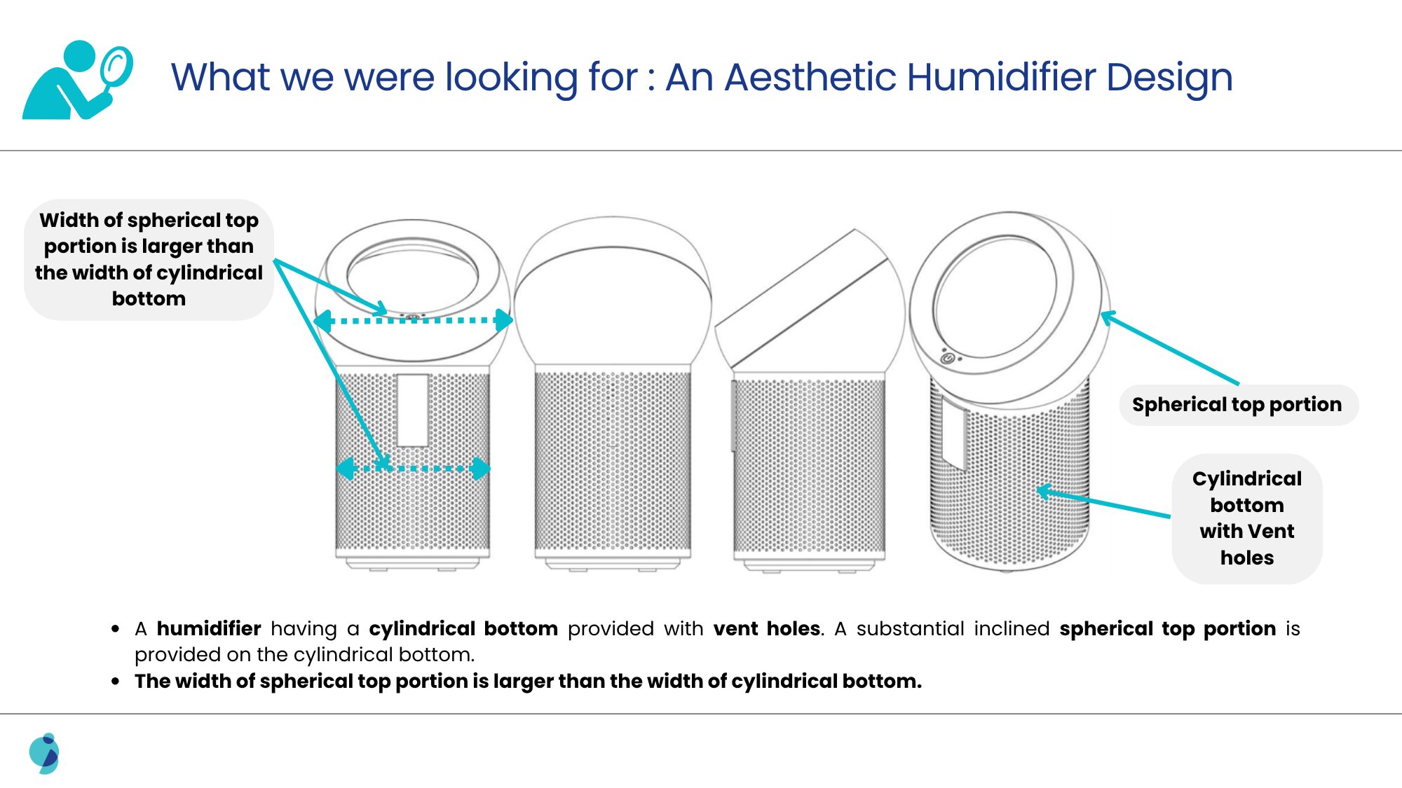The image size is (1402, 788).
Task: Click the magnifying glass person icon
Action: [x=77, y=80]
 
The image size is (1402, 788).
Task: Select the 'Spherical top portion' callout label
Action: [x=1238, y=405]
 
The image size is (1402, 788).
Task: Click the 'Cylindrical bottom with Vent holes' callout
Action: [x=1247, y=518]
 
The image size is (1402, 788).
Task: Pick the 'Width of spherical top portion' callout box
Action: [x=149, y=259]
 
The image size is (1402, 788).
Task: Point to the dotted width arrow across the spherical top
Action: [x=414, y=321]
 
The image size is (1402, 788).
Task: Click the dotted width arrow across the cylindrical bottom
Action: [x=414, y=468]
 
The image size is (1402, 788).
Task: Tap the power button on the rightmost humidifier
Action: [x=947, y=358]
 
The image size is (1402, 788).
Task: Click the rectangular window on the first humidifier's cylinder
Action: [x=412, y=410]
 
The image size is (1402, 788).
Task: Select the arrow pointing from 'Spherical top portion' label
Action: [x=1169, y=348]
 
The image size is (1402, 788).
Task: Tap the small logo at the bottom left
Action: [x=44, y=754]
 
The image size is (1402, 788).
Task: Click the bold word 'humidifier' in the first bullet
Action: [x=209, y=628]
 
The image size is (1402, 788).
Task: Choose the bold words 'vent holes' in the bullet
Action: [x=767, y=628]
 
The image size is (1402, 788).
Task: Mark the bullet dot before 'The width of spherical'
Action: [x=116, y=681]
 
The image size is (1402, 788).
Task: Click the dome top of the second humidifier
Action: [x=613, y=290]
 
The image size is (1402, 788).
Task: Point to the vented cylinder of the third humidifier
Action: [x=809, y=465]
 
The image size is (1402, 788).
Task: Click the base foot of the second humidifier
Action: [x=613, y=564]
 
